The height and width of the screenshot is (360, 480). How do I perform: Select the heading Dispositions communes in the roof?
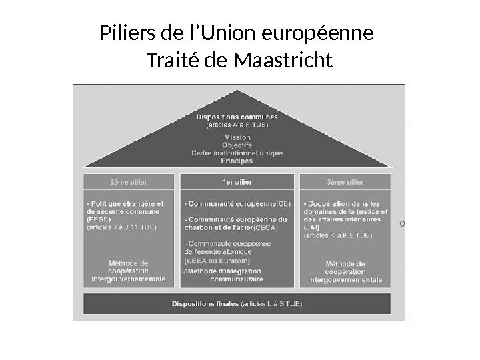click(x=237, y=117)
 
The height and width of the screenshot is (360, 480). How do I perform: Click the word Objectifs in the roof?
click(x=237, y=145)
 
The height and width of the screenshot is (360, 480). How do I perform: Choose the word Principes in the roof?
click(x=237, y=160)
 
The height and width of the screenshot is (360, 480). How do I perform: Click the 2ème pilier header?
click(x=129, y=181)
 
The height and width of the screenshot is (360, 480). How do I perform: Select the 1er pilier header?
click(x=237, y=181)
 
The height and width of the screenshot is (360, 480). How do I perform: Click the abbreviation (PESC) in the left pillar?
click(x=99, y=219)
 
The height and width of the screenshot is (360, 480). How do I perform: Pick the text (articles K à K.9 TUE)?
click(x=339, y=234)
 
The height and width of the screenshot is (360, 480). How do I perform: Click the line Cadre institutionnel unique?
click(x=237, y=153)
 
